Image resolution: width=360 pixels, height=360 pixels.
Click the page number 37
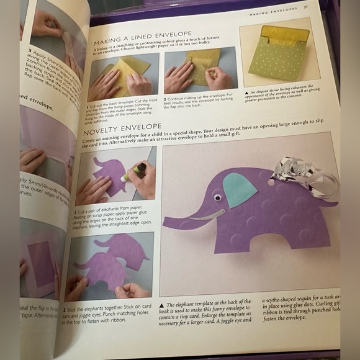pyautogui.click(x=306, y=7)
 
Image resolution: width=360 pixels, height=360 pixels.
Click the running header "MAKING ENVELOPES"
pyautogui.click(x=273, y=10)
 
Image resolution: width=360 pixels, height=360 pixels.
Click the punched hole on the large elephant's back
pyautogui.click(x=271, y=182)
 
